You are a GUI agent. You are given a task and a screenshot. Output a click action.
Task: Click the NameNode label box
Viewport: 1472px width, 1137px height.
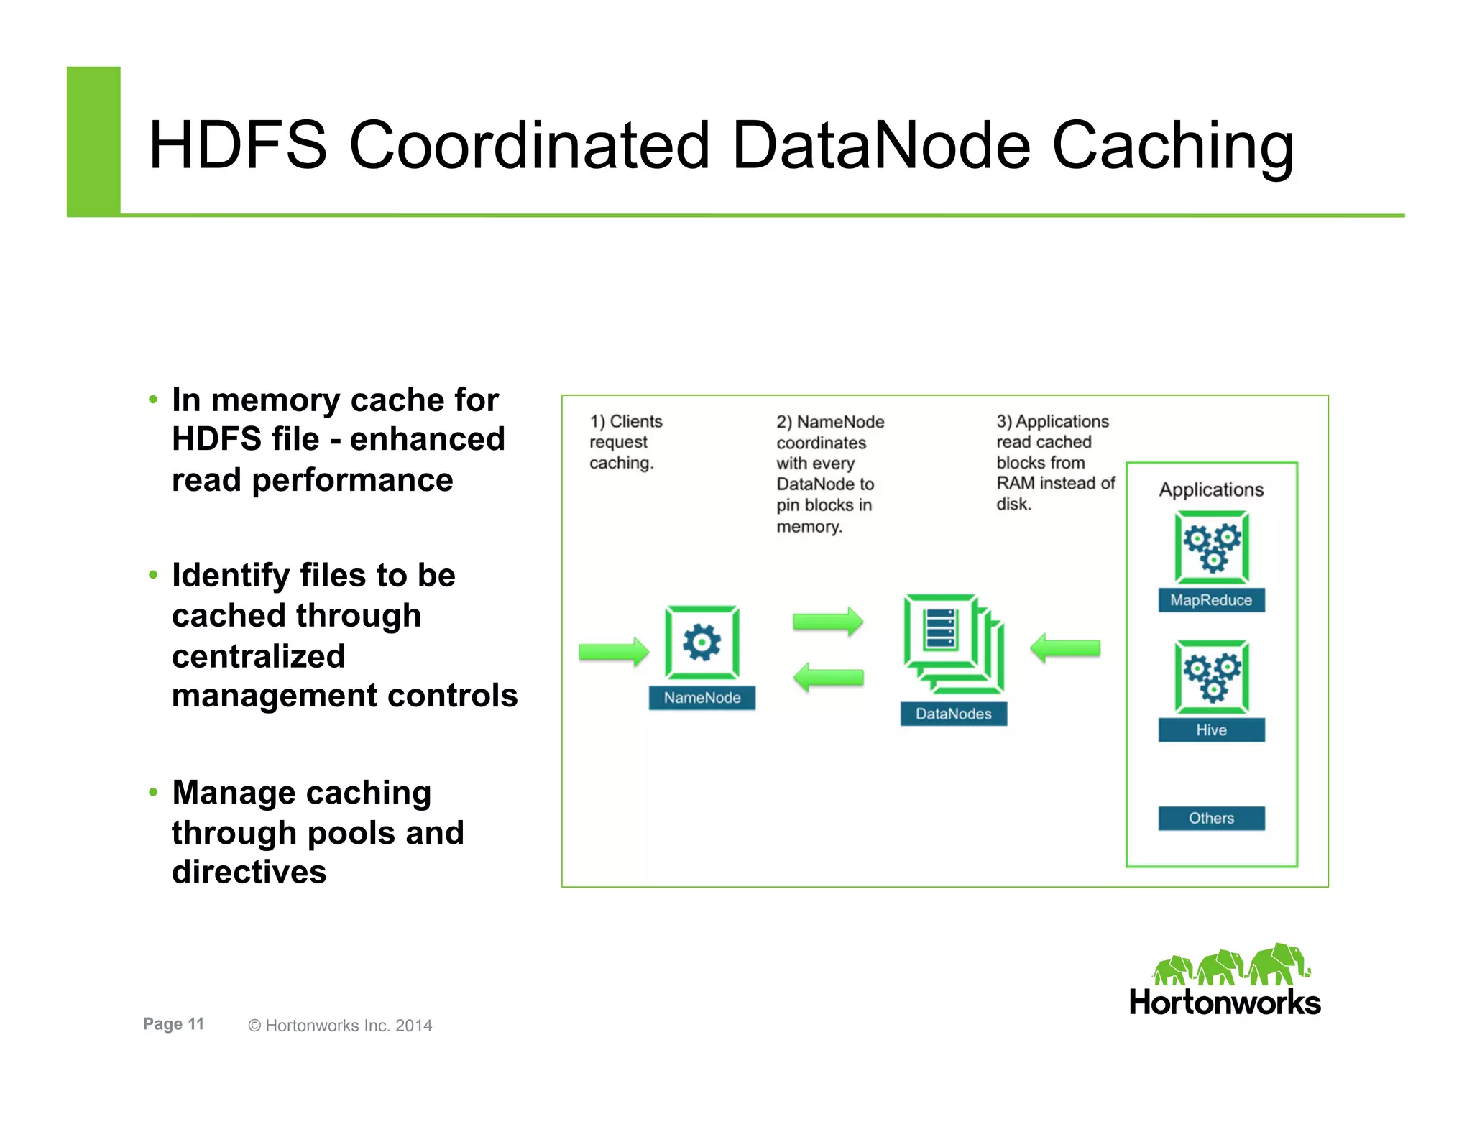701,698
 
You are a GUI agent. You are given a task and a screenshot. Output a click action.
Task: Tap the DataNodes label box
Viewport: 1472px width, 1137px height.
953,714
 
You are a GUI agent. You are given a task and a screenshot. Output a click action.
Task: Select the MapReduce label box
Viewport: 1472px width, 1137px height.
1211,600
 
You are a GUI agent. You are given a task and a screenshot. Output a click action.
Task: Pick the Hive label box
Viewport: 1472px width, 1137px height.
1211,730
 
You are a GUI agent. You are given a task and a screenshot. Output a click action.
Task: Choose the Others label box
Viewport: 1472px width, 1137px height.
1211,818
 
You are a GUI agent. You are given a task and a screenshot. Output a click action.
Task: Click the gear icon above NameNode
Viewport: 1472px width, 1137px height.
701,642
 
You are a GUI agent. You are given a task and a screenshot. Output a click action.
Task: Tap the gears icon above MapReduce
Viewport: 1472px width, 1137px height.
1212,547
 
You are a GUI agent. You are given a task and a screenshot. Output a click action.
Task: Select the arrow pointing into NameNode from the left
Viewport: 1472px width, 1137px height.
613,652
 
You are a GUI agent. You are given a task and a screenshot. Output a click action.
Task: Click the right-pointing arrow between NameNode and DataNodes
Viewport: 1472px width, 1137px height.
828,622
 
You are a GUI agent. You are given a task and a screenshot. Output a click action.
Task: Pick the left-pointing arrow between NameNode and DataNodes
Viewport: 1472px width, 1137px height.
828,677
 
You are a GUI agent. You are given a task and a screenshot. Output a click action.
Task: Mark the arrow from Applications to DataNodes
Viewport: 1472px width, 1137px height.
1065,648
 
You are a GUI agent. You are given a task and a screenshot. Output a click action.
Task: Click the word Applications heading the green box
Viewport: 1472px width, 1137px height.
1211,489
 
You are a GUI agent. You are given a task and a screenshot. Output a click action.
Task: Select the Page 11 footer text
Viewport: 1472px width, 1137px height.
173,1024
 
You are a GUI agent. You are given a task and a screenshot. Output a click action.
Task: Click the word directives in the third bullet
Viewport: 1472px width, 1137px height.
249,872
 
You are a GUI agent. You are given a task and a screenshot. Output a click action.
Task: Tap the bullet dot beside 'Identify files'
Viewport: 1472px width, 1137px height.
152,575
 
